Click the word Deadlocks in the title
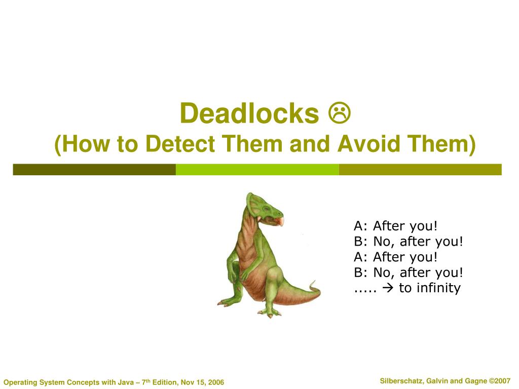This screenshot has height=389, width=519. [x=249, y=113]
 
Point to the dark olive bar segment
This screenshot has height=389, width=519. [x=94, y=169]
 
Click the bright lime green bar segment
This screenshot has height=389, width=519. [x=257, y=169]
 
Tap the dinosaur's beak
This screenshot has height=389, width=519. [x=280, y=220]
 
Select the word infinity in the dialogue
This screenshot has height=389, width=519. [x=437, y=288]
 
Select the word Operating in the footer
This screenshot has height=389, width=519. [x=19, y=382]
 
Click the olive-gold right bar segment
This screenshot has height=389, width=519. [x=420, y=169]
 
